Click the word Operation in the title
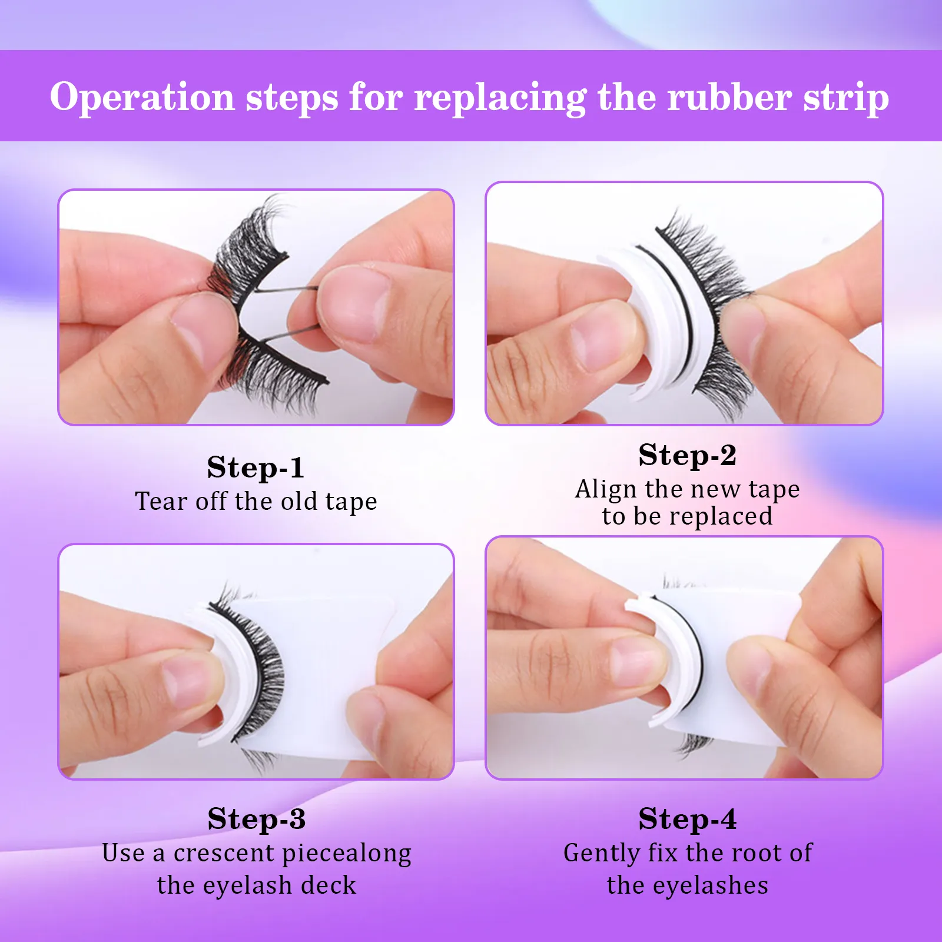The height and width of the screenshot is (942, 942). pyautogui.click(x=142, y=97)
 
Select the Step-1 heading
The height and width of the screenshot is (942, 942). pyautogui.click(x=256, y=467)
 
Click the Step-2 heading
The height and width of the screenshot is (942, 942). pyautogui.click(x=687, y=455)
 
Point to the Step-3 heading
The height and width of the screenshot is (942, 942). pyautogui.click(x=256, y=819)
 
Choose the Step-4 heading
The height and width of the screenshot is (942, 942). pyautogui.click(x=687, y=819)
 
